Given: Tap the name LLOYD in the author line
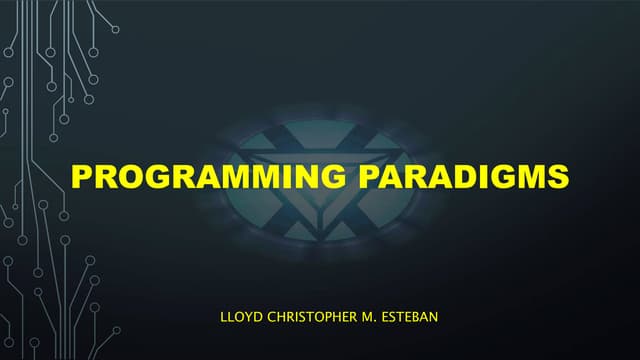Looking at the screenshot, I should click(x=238, y=318).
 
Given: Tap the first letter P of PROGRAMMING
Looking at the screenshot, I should click(x=82, y=177).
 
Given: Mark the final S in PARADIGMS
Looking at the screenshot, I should click(x=558, y=177).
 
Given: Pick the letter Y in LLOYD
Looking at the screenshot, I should click(x=247, y=318).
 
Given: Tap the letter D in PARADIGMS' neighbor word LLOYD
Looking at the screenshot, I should click(x=257, y=318).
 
